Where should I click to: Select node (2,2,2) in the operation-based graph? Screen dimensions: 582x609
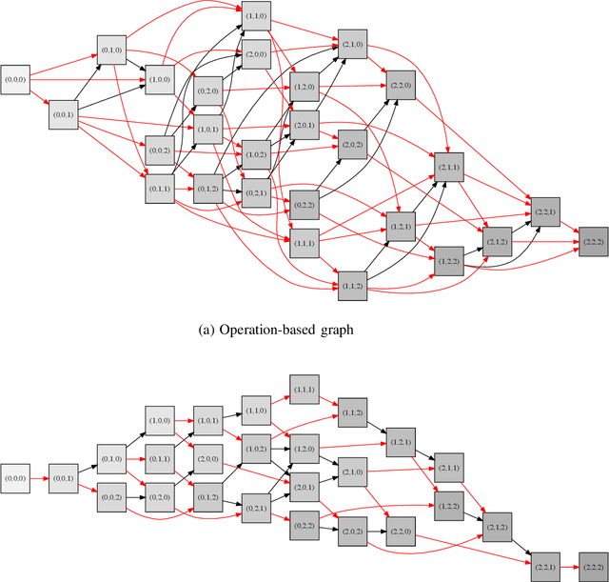(593, 243)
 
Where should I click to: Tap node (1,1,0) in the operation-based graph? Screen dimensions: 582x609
(256, 16)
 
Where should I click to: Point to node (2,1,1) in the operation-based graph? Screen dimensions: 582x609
(449, 168)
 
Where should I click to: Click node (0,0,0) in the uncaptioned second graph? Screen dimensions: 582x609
(16, 478)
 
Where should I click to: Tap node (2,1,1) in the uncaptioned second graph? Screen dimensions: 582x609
(448, 468)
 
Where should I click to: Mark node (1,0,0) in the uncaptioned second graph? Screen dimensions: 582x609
(160, 420)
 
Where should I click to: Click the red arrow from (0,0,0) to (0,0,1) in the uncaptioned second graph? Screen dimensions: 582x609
(40, 478)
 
